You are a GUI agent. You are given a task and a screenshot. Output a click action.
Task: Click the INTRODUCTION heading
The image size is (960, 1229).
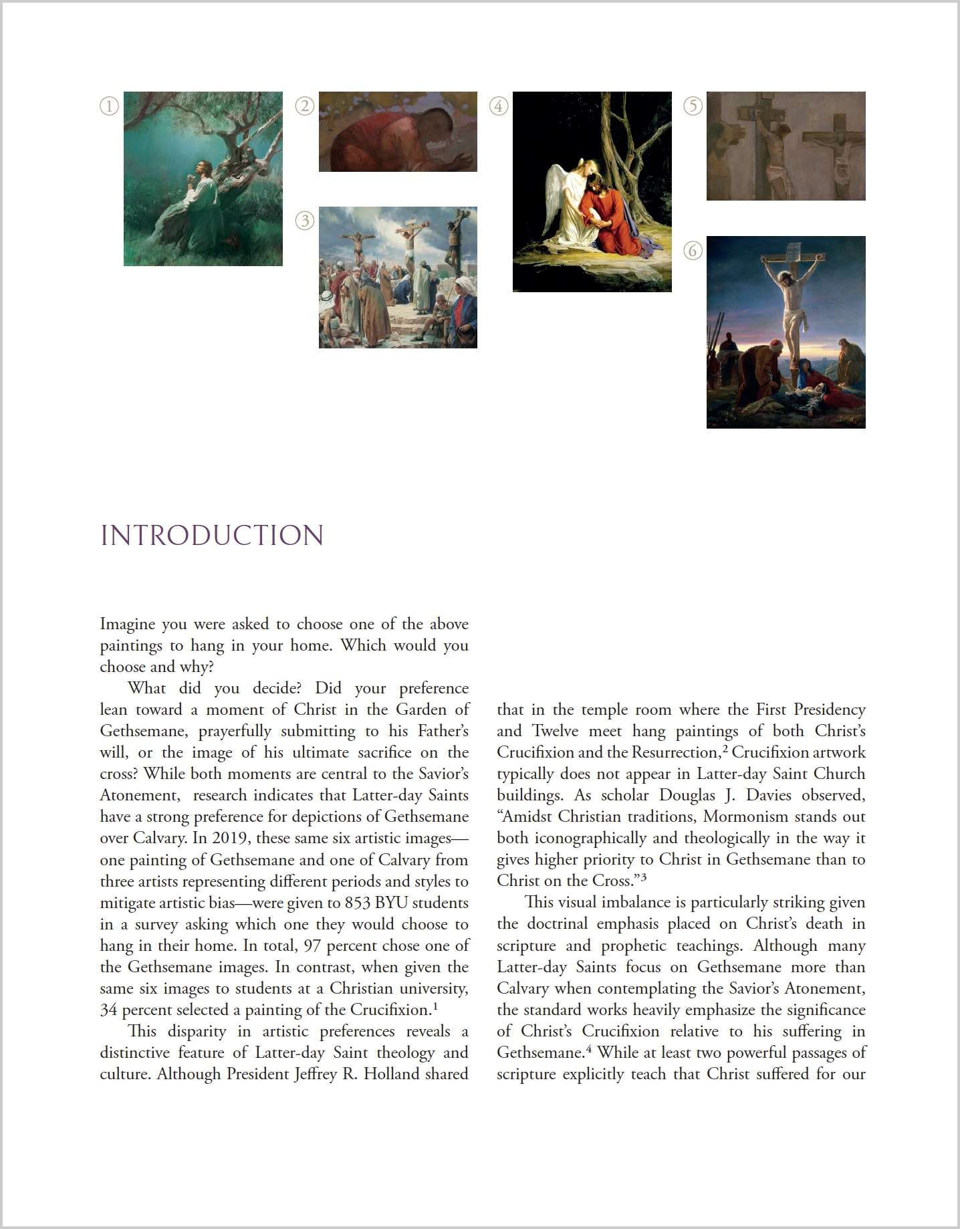coord(212,536)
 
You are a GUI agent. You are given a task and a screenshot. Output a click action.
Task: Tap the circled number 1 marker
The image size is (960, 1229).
coord(109,106)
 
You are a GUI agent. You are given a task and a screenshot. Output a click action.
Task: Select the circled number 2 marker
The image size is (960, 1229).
coord(305,106)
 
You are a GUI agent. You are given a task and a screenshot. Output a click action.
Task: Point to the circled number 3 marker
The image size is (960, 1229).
coord(305,221)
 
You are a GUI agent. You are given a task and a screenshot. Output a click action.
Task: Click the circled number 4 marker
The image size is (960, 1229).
coord(499,106)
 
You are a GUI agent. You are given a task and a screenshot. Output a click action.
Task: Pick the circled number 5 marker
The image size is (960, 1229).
coord(693,106)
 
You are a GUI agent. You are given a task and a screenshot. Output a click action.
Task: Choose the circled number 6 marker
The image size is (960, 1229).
coord(693,251)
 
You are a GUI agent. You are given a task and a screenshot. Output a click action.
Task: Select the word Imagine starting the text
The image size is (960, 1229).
coord(127,625)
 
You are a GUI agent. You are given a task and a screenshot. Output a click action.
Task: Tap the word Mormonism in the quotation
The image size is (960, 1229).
coord(745,816)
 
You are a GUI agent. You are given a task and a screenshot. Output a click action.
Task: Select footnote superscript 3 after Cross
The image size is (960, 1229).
coord(643,877)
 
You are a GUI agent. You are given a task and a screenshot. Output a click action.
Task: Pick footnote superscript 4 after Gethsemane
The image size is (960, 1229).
coord(589,1048)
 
